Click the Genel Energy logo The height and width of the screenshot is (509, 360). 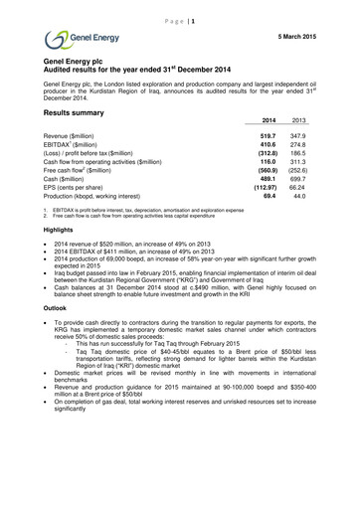pos(75,40)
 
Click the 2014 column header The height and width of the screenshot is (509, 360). pos(268,119)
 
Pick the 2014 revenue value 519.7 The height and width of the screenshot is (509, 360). pos(268,134)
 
